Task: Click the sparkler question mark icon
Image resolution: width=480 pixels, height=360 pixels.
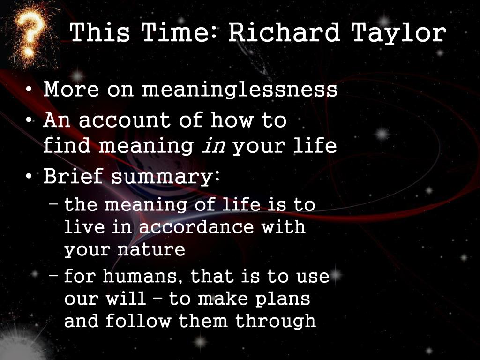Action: pos(30,34)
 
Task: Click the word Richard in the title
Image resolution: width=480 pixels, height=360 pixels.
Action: pos(284,32)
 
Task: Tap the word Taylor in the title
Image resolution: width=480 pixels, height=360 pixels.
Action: pos(399,34)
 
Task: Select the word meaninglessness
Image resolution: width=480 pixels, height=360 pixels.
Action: pos(240,90)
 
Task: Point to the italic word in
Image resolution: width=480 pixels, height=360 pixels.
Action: pos(214,146)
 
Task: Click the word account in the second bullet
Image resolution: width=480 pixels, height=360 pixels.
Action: pos(124,120)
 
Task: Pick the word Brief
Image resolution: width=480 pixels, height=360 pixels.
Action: pos(73,176)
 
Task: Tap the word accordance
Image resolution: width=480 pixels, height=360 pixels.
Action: pos(196,227)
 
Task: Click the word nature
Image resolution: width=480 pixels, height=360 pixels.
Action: pos(151,250)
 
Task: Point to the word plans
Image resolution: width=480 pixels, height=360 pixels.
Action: pos(283,300)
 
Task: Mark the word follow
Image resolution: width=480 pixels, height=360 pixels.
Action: pos(138,321)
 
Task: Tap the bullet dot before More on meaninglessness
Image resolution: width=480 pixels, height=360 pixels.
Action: pos(29,90)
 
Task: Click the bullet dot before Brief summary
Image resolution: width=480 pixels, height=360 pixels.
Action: pos(29,176)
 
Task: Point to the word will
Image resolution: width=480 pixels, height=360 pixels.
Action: pos(126,299)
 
